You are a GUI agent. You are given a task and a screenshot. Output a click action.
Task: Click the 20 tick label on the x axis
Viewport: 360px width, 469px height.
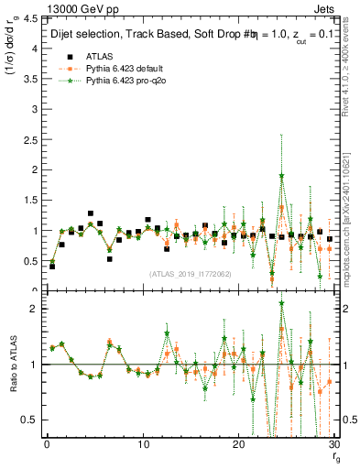(x=238, y=444)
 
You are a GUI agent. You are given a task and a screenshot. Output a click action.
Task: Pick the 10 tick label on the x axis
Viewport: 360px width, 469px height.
(x=142, y=444)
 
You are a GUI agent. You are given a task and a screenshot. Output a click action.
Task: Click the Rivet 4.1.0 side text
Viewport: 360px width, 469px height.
(x=352, y=73)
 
